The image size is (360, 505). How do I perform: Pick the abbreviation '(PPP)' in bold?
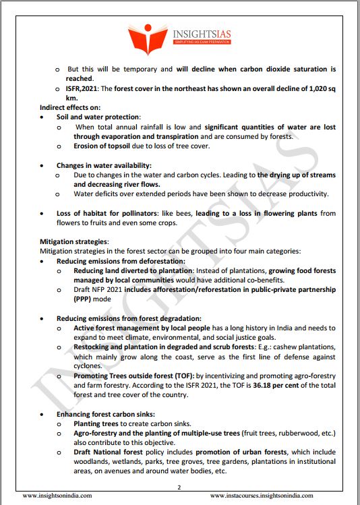(x=86, y=299)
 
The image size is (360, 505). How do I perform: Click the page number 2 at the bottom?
(x=179, y=487)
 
